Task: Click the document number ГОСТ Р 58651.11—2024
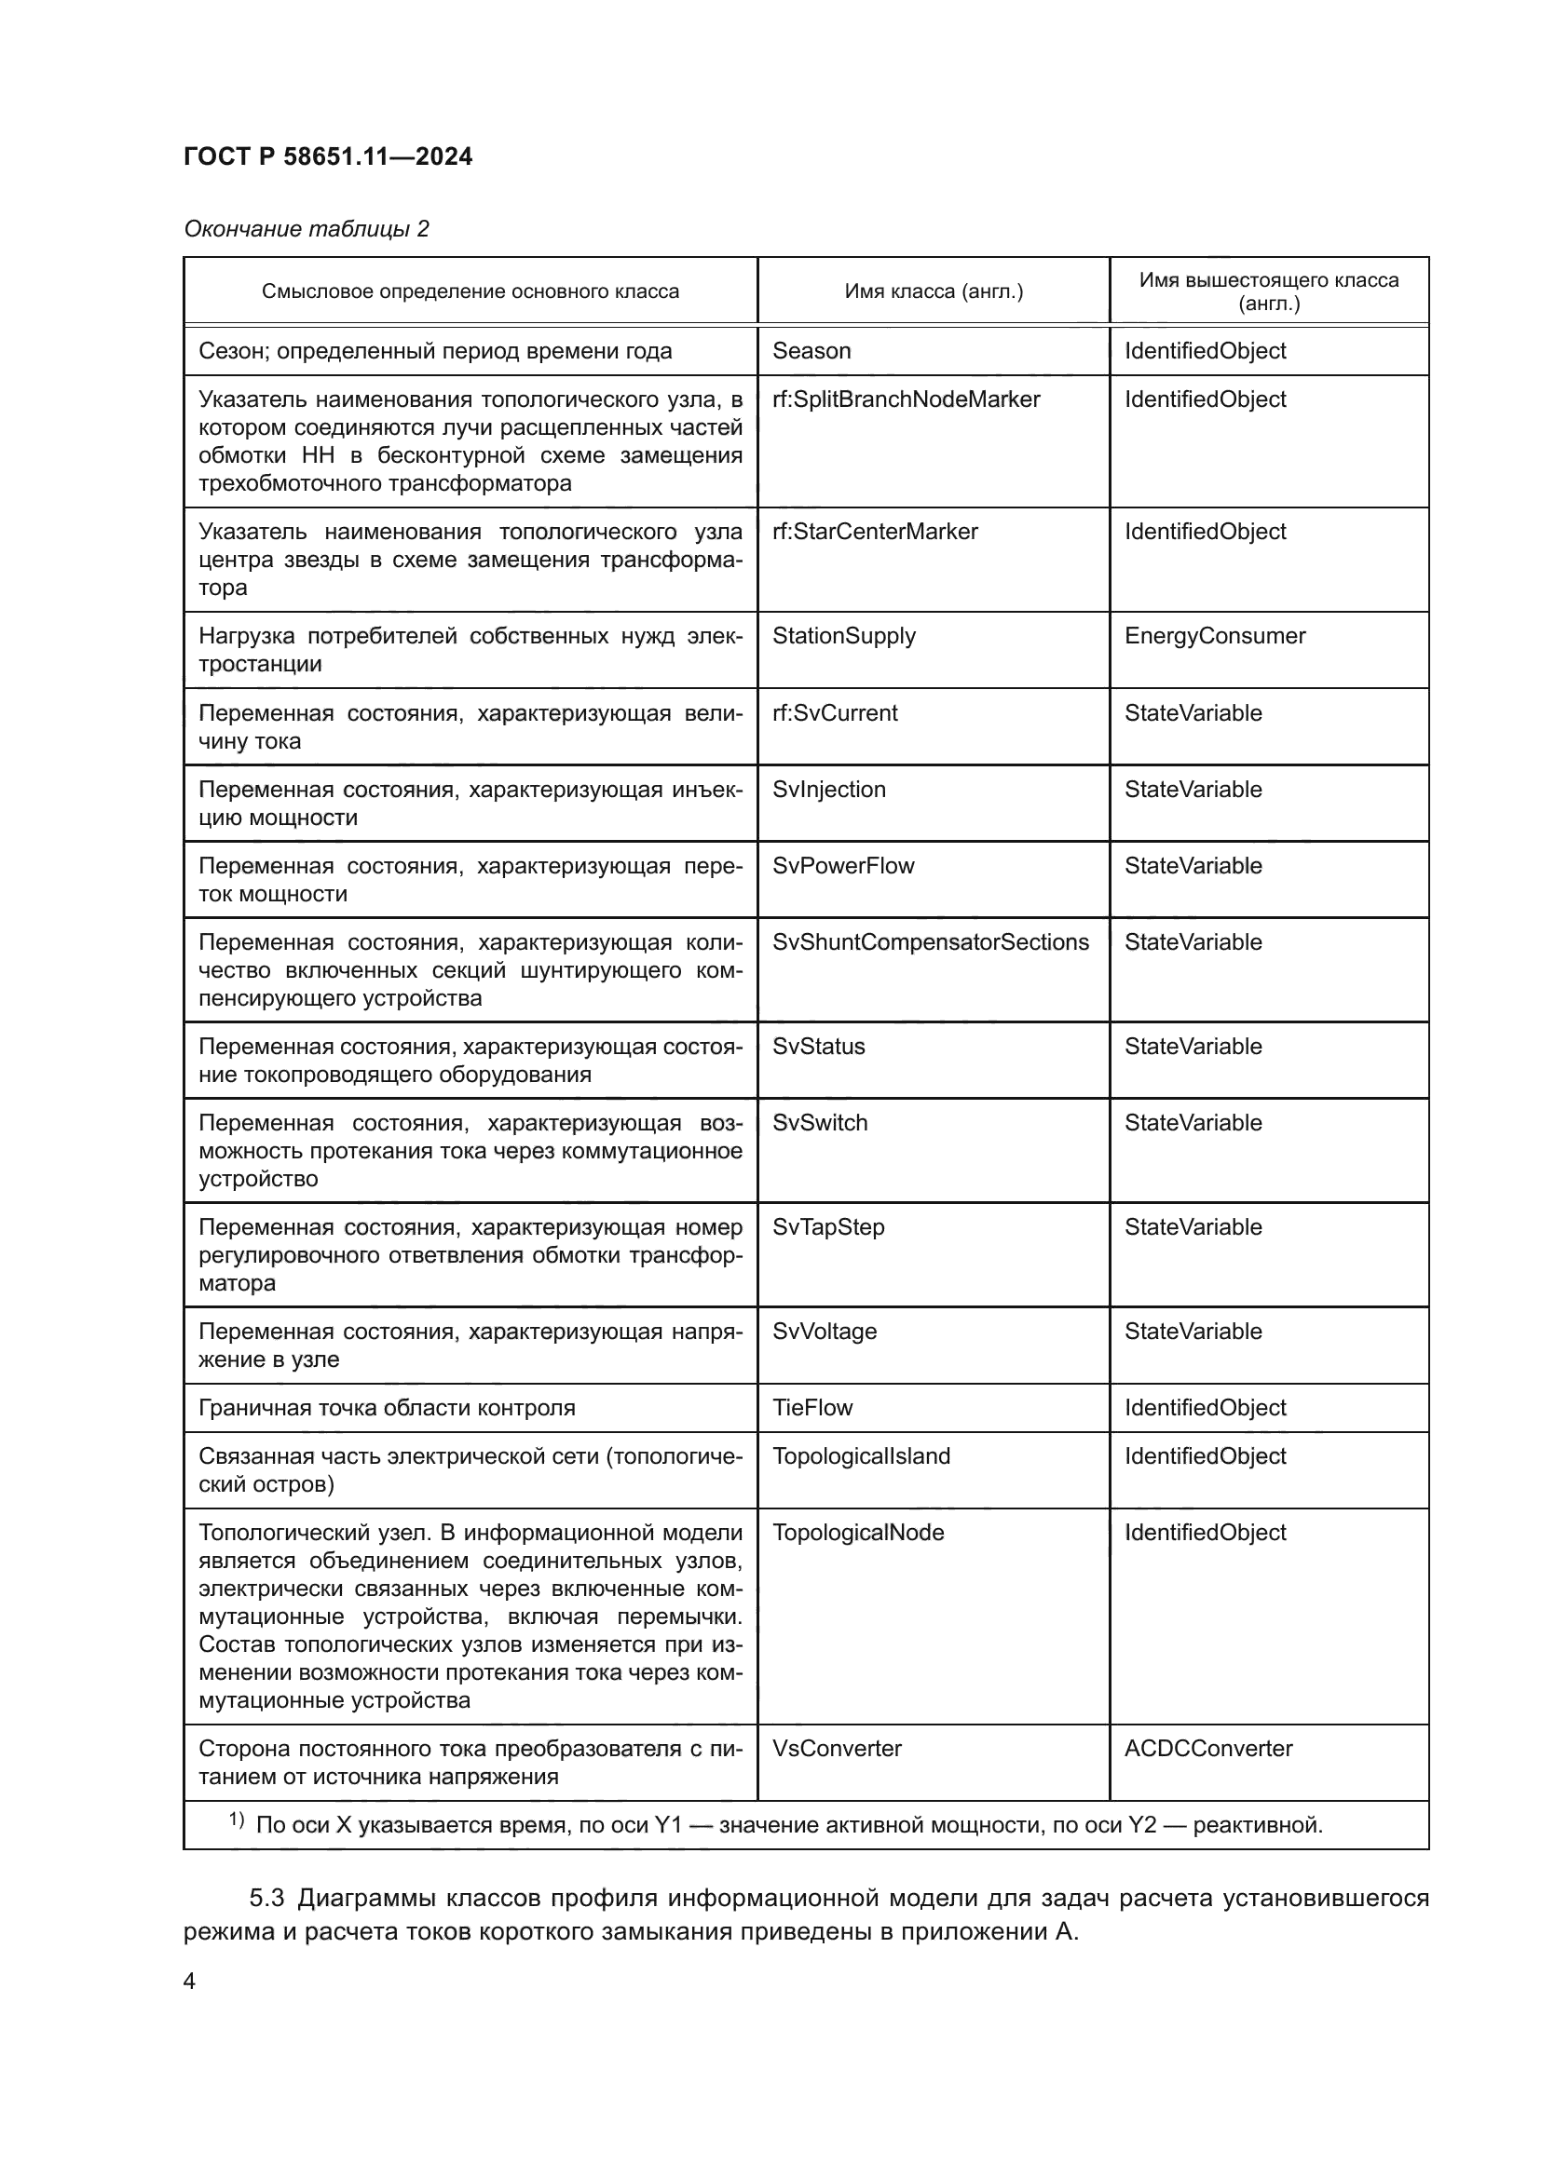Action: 327,156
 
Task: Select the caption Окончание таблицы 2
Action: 306,229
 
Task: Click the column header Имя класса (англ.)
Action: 933,291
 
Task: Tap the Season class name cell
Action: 811,351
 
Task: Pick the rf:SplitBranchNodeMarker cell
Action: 906,399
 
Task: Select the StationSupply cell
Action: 843,636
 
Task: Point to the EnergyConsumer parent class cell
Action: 1215,636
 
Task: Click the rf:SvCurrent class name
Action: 834,712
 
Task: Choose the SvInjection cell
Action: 828,790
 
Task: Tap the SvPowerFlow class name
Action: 842,865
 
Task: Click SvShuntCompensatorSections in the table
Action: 930,942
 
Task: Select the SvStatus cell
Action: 818,1047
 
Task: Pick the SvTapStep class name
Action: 827,1226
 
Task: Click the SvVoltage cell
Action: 824,1331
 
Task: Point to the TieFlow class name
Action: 812,1408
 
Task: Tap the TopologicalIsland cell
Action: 861,1456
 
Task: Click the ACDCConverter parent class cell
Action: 1208,1749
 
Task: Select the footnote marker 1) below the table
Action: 237,1820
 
